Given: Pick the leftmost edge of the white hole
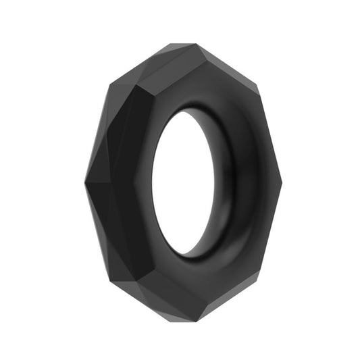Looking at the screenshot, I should tap(152, 184).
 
